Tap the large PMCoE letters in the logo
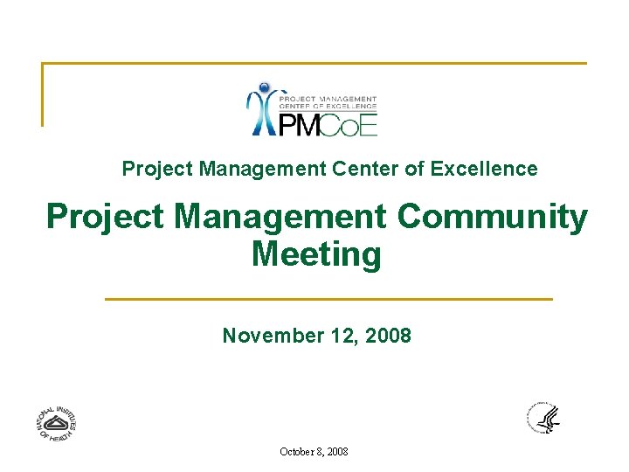tap(328, 125)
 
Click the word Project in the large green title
tap(105, 217)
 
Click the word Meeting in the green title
tap(316, 254)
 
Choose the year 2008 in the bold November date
tap(388, 336)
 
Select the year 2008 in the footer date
tap(338, 452)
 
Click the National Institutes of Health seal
tap(56, 423)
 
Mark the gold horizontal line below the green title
tap(328, 299)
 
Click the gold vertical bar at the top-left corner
tap(43, 94)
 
